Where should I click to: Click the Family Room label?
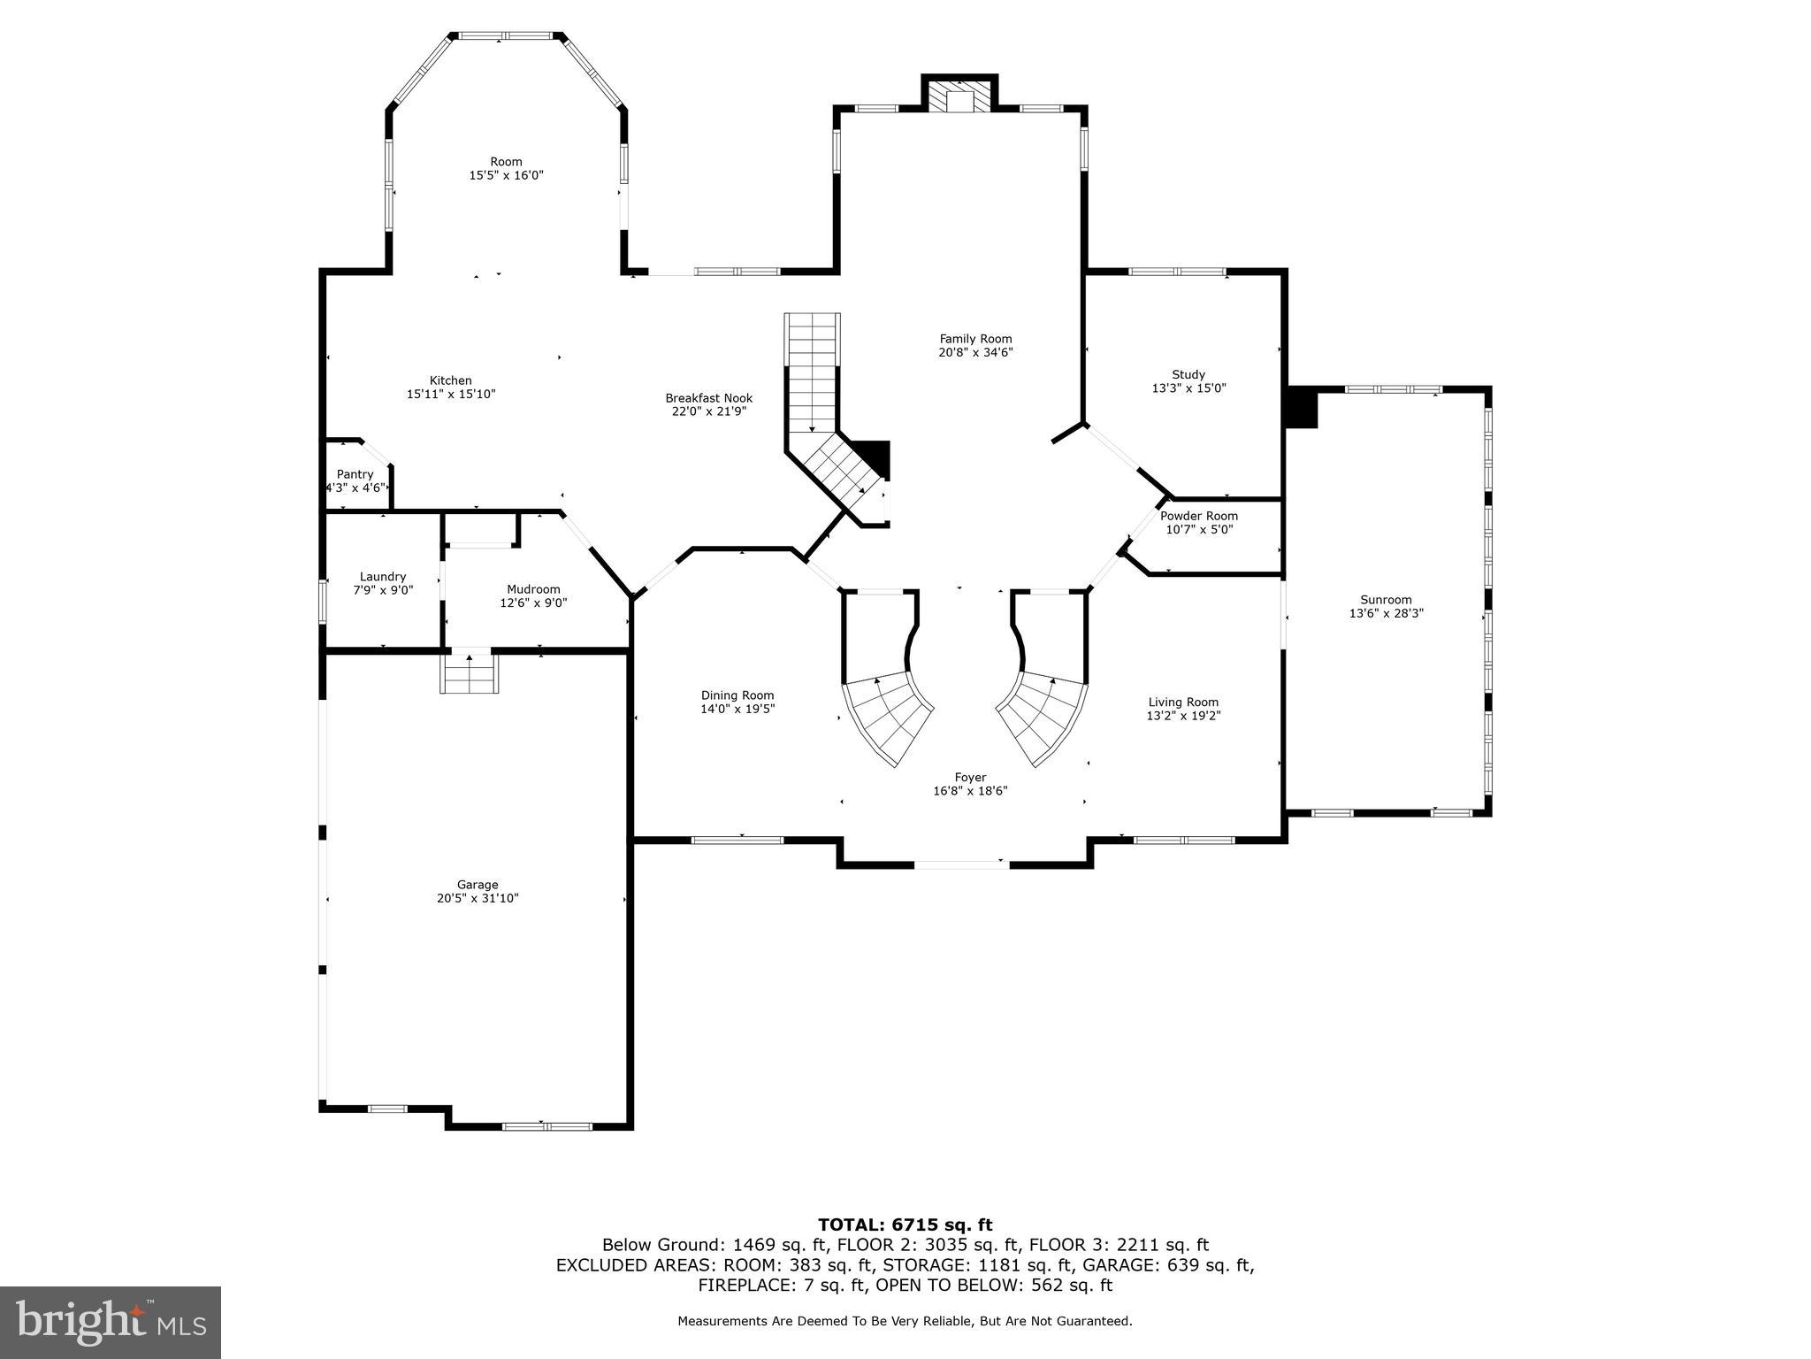(975, 339)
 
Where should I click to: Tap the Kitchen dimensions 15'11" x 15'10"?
(451, 395)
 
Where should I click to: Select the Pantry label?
(355, 474)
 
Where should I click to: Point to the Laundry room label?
(383, 576)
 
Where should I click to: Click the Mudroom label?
(533, 589)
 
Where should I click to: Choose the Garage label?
(478, 885)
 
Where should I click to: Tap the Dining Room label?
(737, 695)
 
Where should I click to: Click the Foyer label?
(970, 778)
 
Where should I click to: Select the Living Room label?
(1183, 703)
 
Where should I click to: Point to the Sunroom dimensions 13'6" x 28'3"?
(1386, 613)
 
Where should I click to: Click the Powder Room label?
(1199, 516)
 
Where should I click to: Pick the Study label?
(1188, 374)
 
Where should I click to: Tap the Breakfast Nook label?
(709, 398)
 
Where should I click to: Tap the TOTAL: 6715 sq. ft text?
(905, 1225)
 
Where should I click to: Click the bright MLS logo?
(111, 1323)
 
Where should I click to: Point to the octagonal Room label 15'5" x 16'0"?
(506, 162)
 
